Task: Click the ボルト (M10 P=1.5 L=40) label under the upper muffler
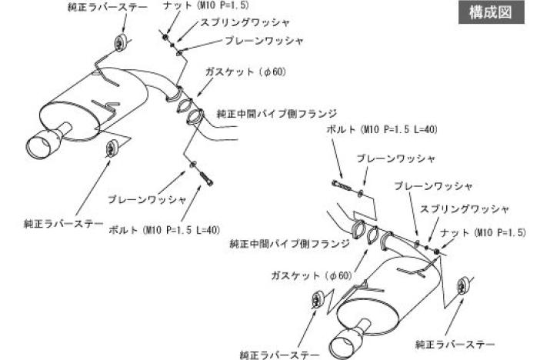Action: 165,228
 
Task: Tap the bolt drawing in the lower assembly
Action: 342,185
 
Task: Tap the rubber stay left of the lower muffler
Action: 318,300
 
